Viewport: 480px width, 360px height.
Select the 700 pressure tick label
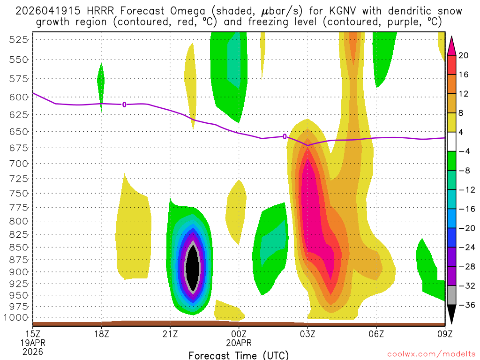pos(19,164)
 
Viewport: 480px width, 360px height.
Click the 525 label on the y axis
pos(19,39)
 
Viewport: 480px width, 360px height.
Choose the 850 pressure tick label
pos(19,247)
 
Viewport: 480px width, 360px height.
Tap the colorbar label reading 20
pos(464,55)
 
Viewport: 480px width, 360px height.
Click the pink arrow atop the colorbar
pos(452,45)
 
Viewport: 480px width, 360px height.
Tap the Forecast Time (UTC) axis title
pos(239,355)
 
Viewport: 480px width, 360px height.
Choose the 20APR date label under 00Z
pos(239,343)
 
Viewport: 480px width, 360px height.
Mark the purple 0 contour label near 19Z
pos(124,105)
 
